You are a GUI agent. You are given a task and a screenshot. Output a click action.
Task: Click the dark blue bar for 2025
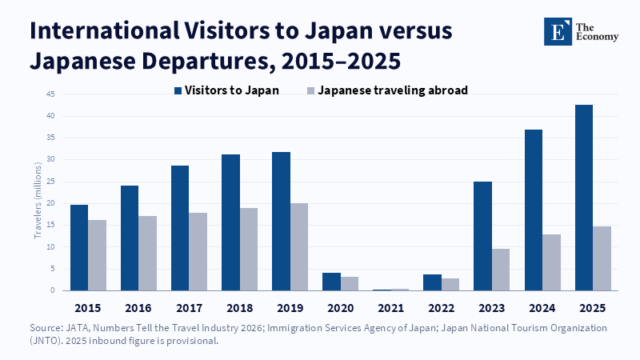click(x=584, y=198)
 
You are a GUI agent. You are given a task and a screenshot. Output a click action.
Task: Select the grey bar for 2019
click(x=299, y=247)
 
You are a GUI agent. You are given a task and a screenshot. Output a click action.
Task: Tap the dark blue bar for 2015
click(x=79, y=248)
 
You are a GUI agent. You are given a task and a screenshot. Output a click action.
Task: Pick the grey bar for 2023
click(x=501, y=270)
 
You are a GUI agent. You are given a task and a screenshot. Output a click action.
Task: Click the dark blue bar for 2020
click(x=331, y=282)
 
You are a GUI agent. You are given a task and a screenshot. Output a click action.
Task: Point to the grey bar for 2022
click(x=450, y=285)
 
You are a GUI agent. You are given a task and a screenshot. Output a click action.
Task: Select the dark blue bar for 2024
click(x=534, y=210)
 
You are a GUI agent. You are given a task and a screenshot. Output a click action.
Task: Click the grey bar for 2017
click(x=198, y=252)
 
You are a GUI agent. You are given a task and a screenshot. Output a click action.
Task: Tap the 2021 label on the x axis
click(x=390, y=308)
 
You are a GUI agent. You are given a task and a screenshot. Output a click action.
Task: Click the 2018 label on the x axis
click(x=239, y=308)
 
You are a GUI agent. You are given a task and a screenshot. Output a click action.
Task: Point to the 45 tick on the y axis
click(x=50, y=94)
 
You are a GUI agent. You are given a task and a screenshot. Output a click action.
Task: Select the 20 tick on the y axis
click(x=50, y=203)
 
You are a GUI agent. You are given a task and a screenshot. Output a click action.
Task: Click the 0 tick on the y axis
click(x=53, y=290)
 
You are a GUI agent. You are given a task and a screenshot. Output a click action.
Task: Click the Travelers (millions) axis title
click(x=38, y=201)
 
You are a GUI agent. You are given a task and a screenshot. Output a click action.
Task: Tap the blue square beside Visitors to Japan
click(x=178, y=90)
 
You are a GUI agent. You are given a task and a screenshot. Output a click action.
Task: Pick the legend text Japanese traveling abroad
click(x=393, y=90)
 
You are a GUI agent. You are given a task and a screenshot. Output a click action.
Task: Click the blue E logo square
click(x=558, y=31)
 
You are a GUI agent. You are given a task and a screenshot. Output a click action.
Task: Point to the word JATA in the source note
click(x=74, y=328)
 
